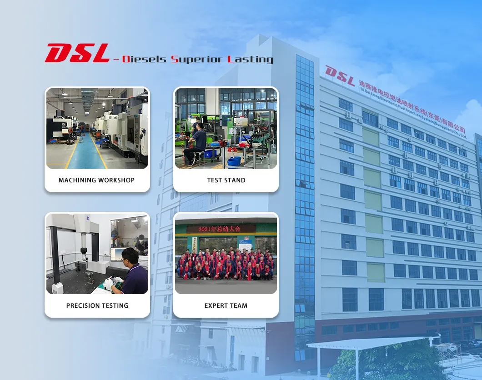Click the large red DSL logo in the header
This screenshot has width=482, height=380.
[x=77, y=53]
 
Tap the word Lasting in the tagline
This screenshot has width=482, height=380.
[x=251, y=60]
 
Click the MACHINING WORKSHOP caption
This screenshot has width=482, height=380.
[x=96, y=180]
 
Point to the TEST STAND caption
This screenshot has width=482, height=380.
[x=226, y=180]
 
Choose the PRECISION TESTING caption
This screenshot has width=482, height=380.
[x=97, y=305]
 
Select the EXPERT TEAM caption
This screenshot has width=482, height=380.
[x=226, y=305]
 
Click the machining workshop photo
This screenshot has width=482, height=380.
[x=97, y=129]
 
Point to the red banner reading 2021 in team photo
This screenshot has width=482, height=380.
[x=221, y=229]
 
